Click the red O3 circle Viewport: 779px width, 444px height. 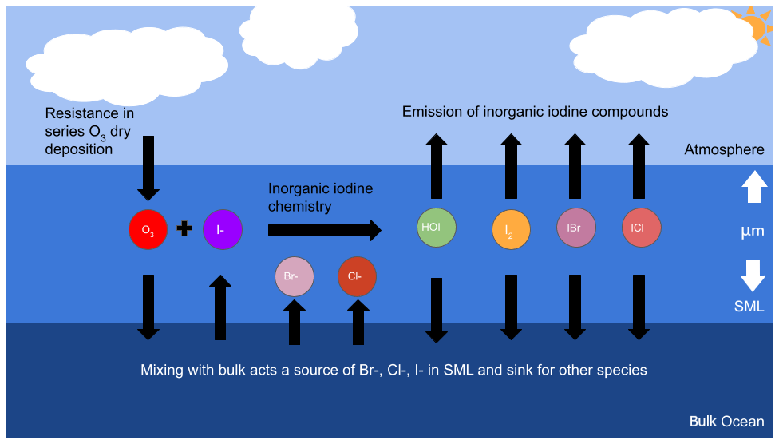tap(148, 230)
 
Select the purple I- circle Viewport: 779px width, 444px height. tap(223, 230)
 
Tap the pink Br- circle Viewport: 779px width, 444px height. tap(294, 276)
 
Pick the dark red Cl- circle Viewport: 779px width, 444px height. tap(357, 276)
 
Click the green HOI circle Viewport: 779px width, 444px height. tap(436, 227)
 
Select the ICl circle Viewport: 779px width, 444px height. tap(640, 228)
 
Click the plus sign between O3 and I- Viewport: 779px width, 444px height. tap(184, 229)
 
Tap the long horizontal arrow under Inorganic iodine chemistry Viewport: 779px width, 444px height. tap(324, 231)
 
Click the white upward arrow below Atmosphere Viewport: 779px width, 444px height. tap(753, 188)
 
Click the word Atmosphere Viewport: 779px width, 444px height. tap(724, 149)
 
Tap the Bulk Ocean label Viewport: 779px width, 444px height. tap(726, 422)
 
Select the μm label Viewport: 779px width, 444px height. tap(753, 232)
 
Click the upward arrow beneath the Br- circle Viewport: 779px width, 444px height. tap(295, 322)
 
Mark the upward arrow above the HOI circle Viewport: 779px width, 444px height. tap(436, 166)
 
